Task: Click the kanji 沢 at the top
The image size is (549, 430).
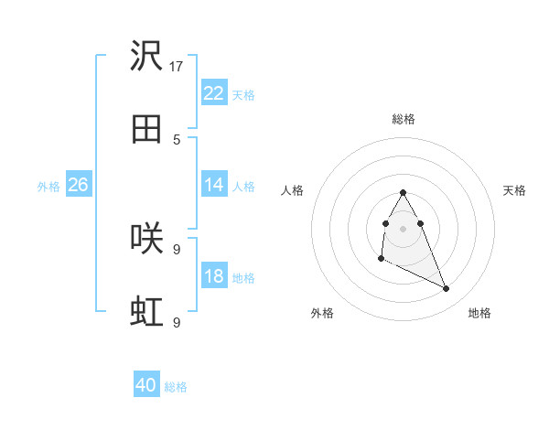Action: point(147,57)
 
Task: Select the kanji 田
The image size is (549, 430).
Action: point(147,129)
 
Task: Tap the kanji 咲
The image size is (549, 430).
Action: point(147,239)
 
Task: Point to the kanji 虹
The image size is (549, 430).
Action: point(147,312)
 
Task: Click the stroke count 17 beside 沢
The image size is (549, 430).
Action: point(177,66)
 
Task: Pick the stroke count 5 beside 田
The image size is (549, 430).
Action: point(177,139)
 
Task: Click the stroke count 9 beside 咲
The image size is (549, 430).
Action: point(177,249)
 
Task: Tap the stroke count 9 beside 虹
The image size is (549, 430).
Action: point(177,322)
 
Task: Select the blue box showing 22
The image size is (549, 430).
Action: point(213,93)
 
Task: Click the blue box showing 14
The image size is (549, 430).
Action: point(213,185)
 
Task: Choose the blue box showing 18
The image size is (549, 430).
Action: point(213,276)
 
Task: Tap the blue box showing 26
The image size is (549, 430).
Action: point(78,185)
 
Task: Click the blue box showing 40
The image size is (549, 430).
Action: point(146,385)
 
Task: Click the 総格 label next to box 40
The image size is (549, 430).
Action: point(176,387)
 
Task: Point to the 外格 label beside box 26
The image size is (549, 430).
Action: point(48,186)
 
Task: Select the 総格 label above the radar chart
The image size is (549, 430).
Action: point(403,119)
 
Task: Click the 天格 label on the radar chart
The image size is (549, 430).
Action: point(514,190)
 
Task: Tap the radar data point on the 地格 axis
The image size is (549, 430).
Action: point(447,289)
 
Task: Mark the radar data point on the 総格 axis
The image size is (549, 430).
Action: point(403,193)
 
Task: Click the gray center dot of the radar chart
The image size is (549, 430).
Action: point(403,226)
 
